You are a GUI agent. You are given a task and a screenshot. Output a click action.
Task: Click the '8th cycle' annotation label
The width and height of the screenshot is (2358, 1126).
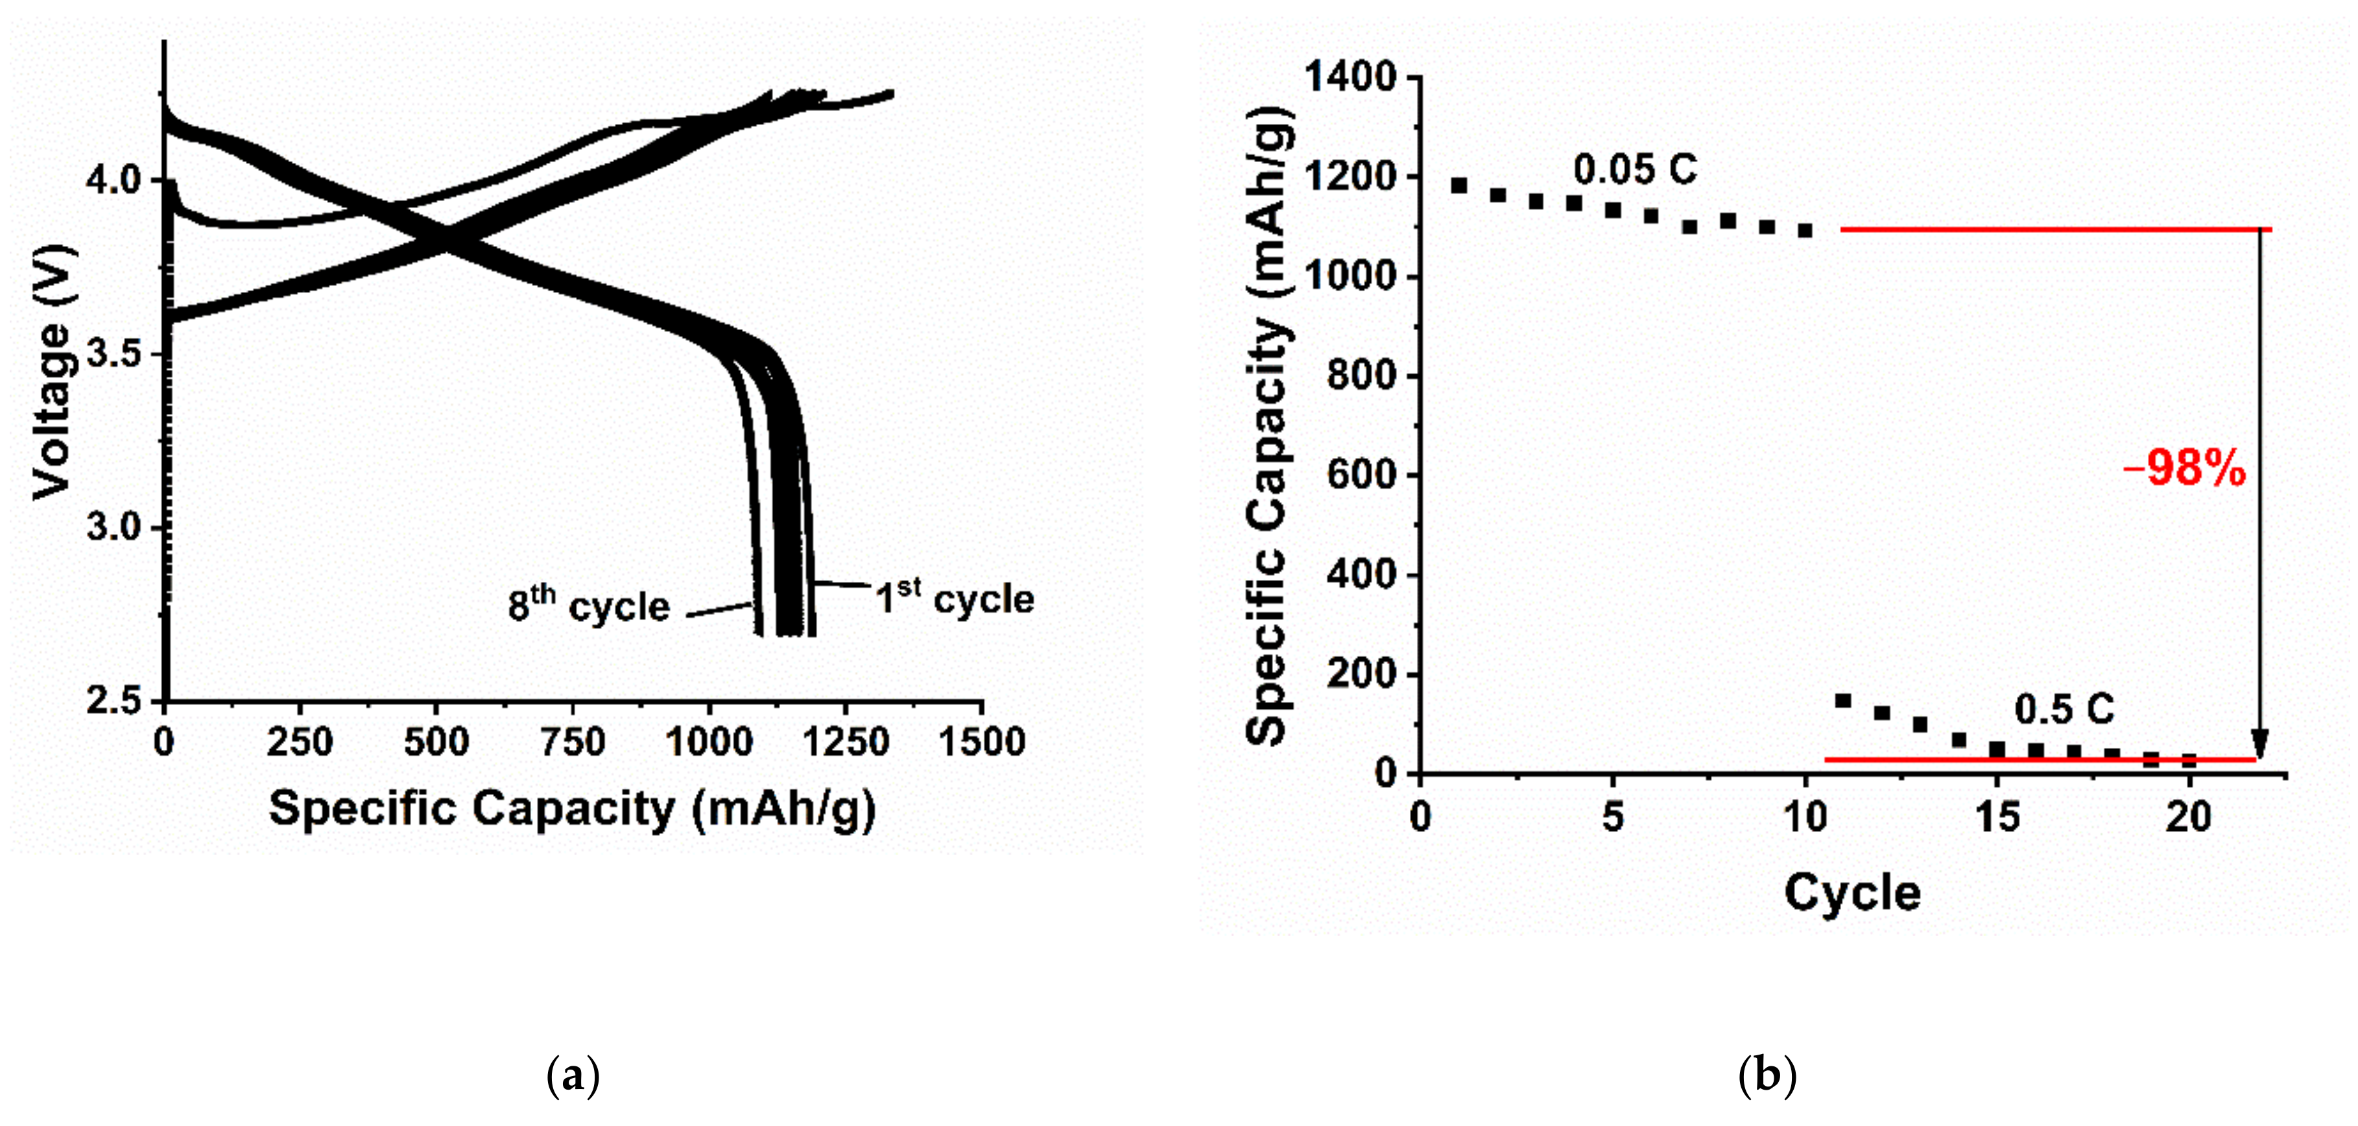point(589,605)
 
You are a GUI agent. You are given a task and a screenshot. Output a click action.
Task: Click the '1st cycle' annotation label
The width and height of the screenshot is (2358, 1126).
point(955,599)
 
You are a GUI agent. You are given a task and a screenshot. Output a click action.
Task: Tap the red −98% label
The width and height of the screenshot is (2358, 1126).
point(2184,470)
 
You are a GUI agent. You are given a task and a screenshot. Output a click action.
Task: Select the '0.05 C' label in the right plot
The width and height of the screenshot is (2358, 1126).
point(1635,171)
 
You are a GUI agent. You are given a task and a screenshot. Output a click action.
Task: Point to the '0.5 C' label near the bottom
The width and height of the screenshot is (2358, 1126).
point(2064,710)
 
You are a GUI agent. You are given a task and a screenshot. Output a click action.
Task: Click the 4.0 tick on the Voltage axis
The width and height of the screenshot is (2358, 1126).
point(113,180)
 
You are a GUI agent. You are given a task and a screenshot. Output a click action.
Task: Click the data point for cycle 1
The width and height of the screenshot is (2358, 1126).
point(1459,186)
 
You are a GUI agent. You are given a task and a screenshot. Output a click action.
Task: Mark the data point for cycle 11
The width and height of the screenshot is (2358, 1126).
point(1844,701)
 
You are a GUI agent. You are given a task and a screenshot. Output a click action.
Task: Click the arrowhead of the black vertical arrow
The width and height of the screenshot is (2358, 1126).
point(2260,743)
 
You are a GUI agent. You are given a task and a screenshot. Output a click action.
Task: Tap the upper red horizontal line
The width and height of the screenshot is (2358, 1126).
point(2055,229)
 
